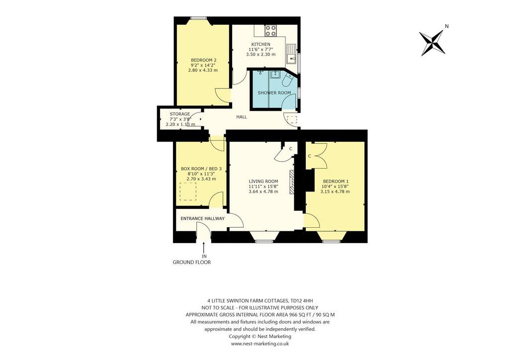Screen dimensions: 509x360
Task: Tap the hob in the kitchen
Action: point(270,30)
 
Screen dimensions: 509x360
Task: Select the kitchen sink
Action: point(291,53)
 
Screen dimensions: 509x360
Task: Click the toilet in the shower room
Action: point(288,80)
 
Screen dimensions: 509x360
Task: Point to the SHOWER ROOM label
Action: point(274,93)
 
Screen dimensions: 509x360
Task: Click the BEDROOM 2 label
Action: point(203,60)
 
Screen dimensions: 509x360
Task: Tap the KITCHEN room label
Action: point(260,44)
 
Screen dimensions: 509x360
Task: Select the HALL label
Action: point(242,117)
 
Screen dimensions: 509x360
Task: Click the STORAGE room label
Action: point(180,114)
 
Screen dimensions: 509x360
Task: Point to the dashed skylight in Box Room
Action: point(188,191)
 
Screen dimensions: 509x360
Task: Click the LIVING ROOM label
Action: point(263,181)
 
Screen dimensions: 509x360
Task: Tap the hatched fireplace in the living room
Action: point(292,182)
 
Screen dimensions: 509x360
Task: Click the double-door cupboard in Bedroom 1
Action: point(316,156)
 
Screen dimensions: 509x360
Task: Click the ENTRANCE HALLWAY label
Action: point(203,218)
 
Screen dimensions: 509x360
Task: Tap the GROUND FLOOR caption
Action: point(192,262)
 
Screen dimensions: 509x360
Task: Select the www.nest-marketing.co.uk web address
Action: point(259,344)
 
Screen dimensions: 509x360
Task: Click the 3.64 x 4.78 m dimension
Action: point(263,191)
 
